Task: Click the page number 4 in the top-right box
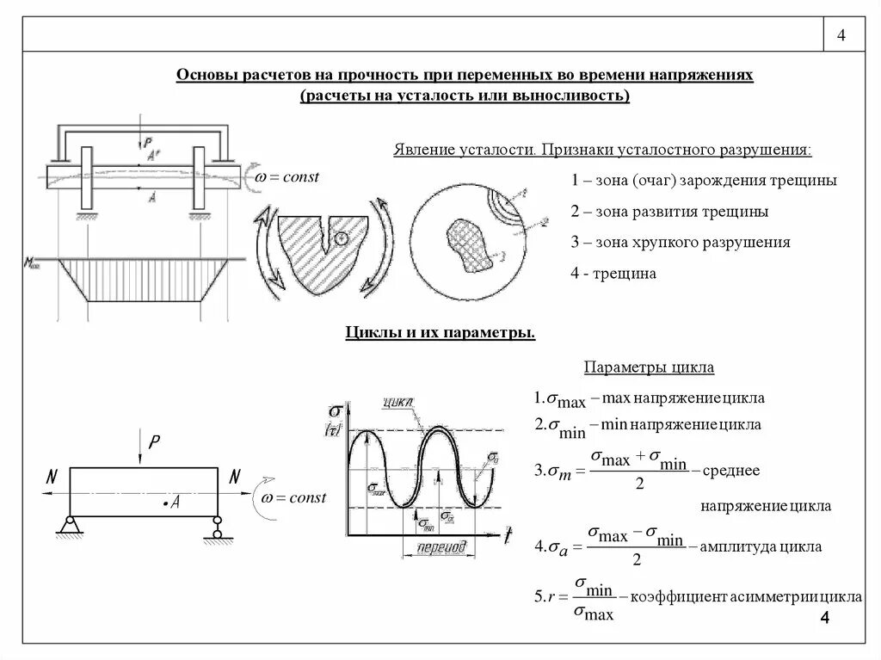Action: (841, 35)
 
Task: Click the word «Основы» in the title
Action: (204, 76)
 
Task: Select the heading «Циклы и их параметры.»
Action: (440, 332)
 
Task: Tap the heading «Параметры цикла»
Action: (650, 367)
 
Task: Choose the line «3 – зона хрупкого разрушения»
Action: (680, 243)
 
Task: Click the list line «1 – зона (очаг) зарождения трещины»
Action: (703, 181)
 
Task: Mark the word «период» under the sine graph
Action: (440, 546)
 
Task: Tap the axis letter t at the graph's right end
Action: (508, 536)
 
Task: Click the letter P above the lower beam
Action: (154, 441)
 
